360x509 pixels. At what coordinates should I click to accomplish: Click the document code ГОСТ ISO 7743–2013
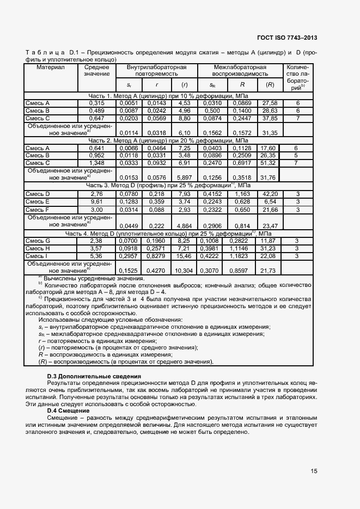pos(287,38)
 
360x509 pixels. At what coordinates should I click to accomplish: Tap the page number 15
pos(314,471)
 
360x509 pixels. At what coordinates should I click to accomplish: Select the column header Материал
pos(51,67)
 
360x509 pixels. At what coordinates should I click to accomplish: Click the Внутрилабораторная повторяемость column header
pos(156,70)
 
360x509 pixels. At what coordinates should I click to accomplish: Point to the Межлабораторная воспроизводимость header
pos(240,70)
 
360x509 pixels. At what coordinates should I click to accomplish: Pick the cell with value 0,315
pos(96,102)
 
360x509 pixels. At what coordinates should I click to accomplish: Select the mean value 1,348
pos(96,162)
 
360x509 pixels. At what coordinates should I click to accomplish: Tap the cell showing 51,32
pos(270,162)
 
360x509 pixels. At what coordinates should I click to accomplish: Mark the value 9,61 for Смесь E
pos(96,201)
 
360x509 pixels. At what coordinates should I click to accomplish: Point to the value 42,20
pos(270,193)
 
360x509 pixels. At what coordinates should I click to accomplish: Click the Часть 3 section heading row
pos(168,186)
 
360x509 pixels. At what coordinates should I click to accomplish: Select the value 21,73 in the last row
pos(270,271)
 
